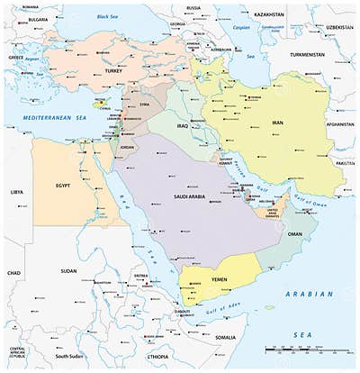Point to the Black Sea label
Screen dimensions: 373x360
click(107, 16)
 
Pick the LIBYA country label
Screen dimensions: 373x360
click(16, 192)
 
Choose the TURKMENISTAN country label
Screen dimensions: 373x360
click(309, 53)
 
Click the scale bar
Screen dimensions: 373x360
click(301, 350)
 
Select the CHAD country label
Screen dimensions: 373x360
click(13, 271)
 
